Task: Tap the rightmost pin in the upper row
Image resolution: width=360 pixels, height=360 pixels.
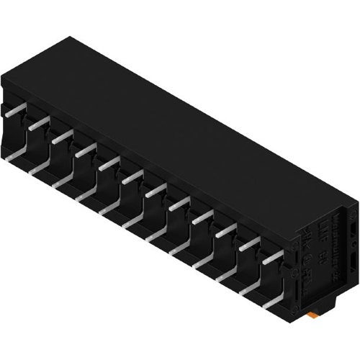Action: click(x=272, y=258)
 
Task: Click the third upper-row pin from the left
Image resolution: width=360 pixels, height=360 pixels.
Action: click(x=63, y=135)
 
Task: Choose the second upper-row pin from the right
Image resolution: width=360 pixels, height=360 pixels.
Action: click(x=249, y=244)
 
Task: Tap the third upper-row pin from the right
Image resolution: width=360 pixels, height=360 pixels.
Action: click(x=225, y=230)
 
